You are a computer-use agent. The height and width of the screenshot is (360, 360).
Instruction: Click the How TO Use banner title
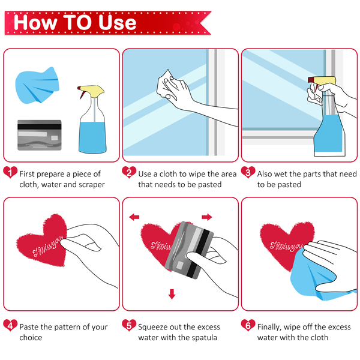[x=75, y=23]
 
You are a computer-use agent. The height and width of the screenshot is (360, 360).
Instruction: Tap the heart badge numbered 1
[x=10, y=172]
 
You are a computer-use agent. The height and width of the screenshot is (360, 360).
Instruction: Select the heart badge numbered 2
[x=129, y=172]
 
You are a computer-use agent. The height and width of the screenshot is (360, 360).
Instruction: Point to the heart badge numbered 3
[x=248, y=172]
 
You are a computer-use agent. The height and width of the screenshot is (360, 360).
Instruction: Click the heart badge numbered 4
[x=10, y=325]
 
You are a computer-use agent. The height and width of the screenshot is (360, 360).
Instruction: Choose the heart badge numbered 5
[x=129, y=325]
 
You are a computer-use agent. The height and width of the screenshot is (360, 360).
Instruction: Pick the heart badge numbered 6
[x=248, y=325]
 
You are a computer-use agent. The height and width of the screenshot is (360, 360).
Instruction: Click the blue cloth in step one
[x=37, y=86]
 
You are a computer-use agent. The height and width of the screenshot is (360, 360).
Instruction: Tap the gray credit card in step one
[x=40, y=135]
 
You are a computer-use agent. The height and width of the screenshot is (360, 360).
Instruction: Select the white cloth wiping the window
[x=166, y=85]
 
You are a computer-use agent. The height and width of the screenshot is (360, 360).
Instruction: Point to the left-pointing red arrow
[x=134, y=217]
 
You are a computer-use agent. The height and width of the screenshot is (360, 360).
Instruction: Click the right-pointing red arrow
[x=207, y=217]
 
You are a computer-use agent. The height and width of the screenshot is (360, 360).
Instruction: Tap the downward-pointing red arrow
[x=172, y=294]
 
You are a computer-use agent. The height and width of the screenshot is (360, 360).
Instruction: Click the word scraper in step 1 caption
[x=92, y=185]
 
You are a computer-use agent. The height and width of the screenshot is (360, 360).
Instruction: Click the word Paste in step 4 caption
[x=29, y=327]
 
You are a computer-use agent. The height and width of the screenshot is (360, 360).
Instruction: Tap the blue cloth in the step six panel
[x=322, y=275]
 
